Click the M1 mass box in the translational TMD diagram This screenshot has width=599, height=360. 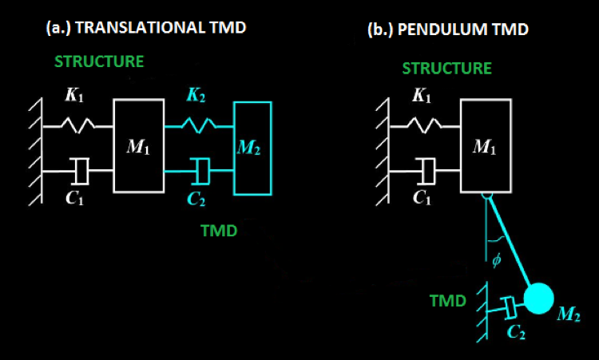[x=138, y=145]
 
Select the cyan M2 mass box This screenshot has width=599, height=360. [x=253, y=148]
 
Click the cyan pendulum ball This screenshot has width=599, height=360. [x=539, y=300]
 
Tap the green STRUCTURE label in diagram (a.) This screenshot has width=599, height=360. [x=98, y=61]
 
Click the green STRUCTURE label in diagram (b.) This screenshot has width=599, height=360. [x=446, y=68]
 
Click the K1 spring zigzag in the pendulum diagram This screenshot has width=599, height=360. [x=426, y=125]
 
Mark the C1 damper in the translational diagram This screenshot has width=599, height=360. [x=79, y=170]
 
